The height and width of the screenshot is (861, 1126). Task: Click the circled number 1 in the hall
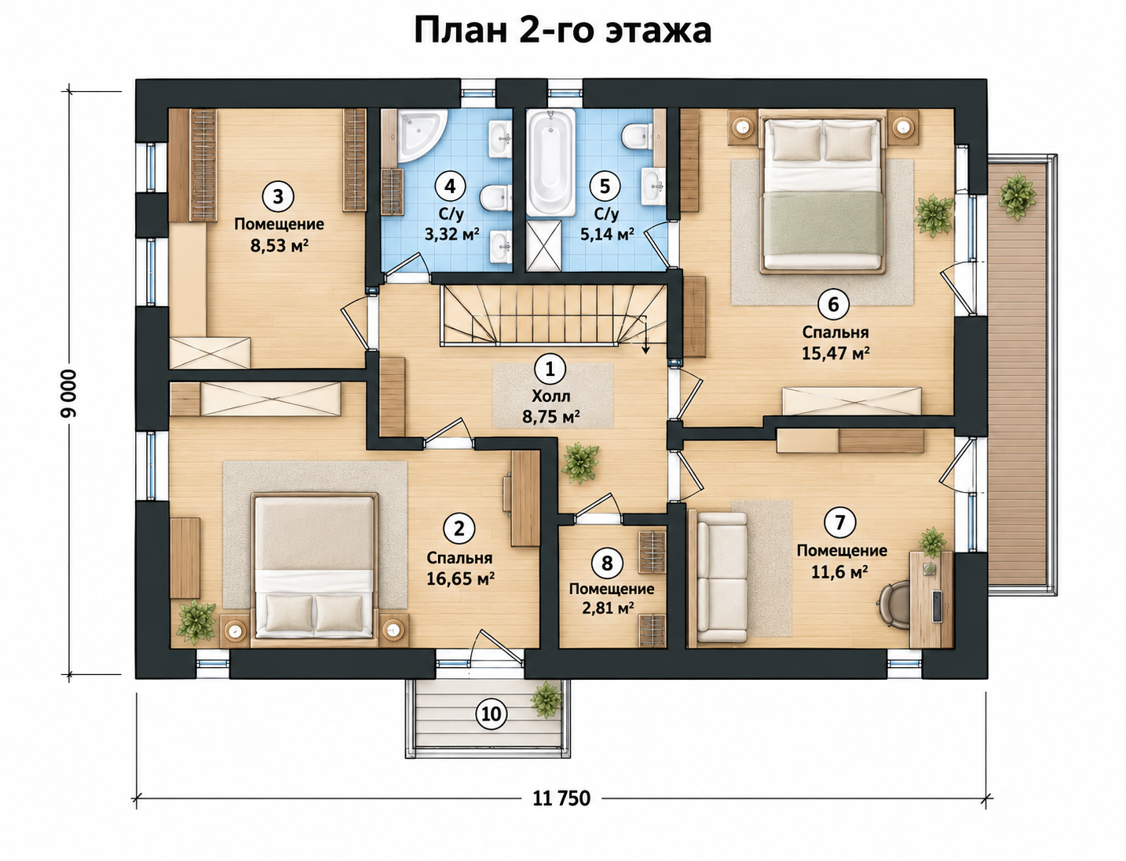click(550, 369)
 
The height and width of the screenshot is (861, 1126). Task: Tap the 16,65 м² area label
click(460, 579)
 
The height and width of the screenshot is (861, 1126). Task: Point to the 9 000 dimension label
click(69, 393)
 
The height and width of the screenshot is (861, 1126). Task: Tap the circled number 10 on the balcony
click(492, 713)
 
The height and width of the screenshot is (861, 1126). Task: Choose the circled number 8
click(607, 563)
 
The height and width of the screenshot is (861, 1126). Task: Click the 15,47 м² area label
click(835, 353)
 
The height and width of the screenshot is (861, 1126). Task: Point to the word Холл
click(551, 396)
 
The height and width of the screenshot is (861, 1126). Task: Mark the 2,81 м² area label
click(608, 608)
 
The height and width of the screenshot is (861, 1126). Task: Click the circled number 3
click(278, 196)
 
